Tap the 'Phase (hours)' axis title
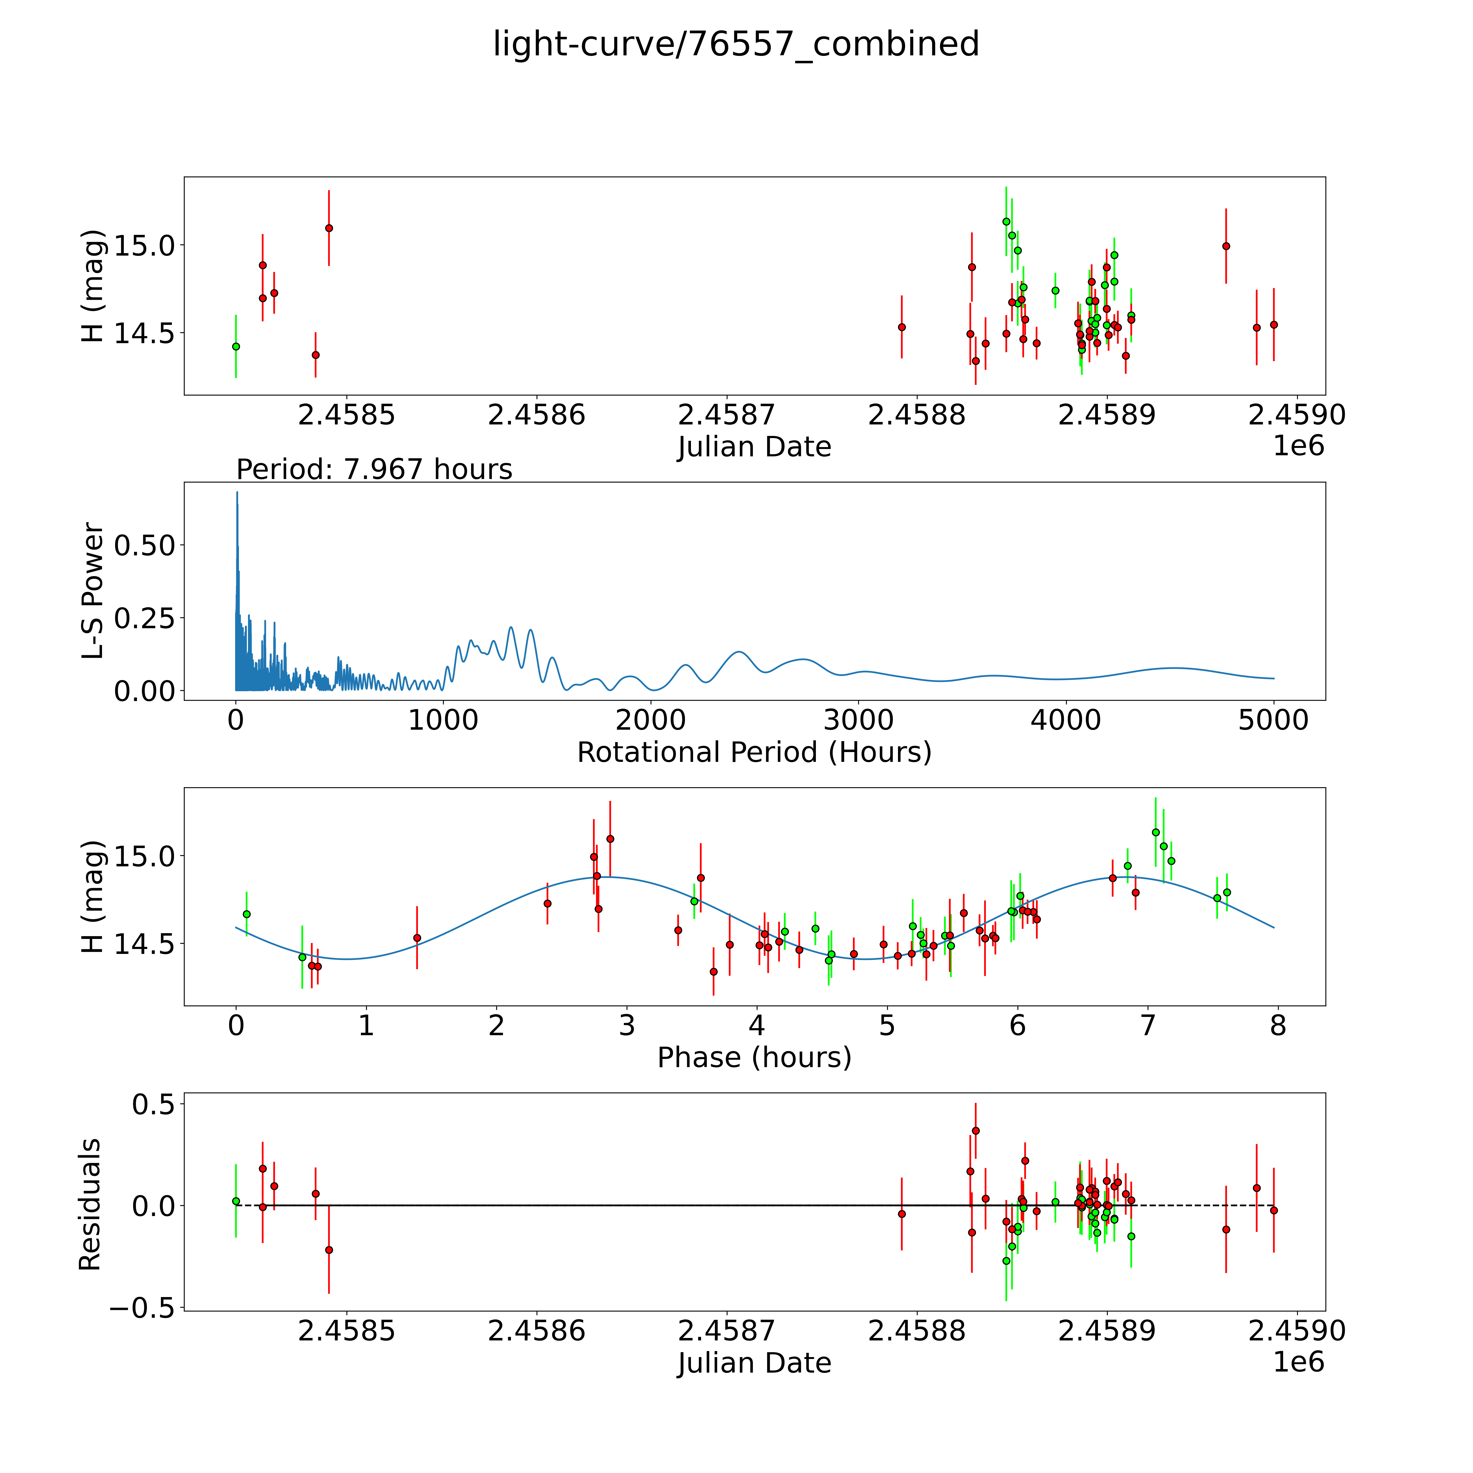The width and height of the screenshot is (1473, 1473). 754,1058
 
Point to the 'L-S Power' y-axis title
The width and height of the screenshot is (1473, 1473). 92,591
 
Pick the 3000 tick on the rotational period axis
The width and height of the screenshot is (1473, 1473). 858,720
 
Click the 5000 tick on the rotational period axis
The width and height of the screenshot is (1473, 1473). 1273,720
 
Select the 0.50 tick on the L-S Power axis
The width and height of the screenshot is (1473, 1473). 145,545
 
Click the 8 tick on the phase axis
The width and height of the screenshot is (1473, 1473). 1278,1025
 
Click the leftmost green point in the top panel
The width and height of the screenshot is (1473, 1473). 236,346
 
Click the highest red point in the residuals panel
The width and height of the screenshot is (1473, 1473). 975,1131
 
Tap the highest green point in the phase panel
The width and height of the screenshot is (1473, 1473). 1155,832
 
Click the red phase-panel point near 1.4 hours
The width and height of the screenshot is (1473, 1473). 417,938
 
